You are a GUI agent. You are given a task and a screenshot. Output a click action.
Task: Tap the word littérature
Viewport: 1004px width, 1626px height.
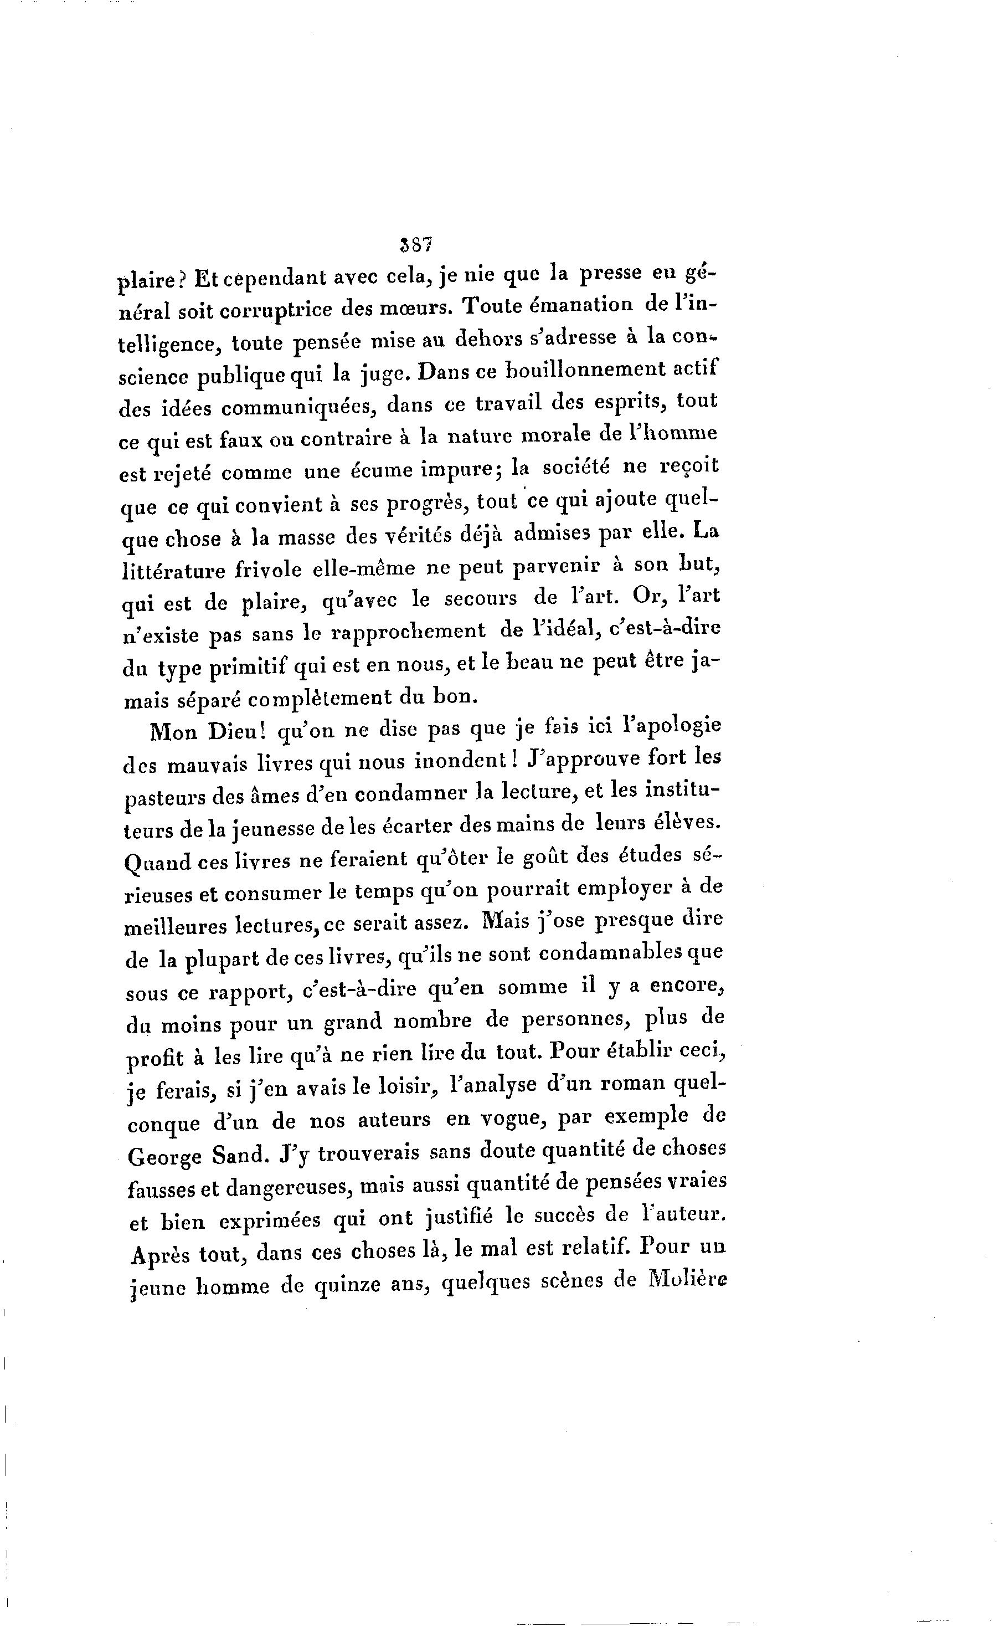point(177,571)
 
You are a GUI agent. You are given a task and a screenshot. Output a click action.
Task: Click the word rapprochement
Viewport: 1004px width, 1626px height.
point(408,632)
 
